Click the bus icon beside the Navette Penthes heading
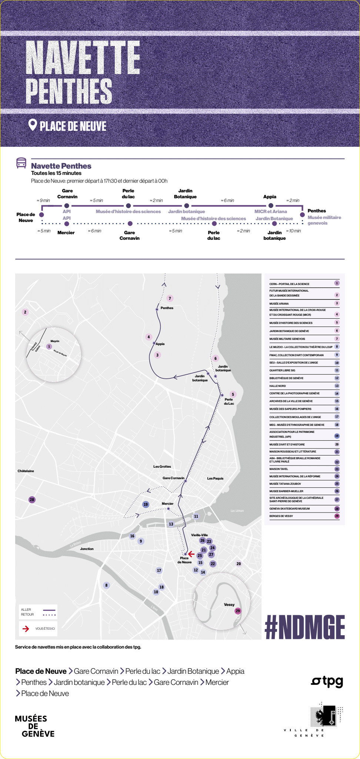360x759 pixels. [x=21, y=163]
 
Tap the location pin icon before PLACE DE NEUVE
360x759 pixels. [x=33, y=125]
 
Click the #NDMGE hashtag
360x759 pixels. [x=305, y=627]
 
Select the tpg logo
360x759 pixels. [x=327, y=681]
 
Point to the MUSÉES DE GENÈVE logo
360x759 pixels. [x=34, y=726]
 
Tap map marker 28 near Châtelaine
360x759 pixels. [x=32, y=500]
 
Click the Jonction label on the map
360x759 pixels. [x=87, y=549]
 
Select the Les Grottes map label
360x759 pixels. [x=162, y=467]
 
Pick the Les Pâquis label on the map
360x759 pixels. [x=215, y=478]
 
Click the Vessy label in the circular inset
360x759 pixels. [x=229, y=604]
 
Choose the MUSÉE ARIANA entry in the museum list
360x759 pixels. [x=279, y=304]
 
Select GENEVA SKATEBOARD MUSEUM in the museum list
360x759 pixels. [x=290, y=508]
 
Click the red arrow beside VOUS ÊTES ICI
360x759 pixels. [x=26, y=629]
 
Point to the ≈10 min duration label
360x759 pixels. [x=293, y=231]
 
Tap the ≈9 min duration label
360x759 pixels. [x=43, y=200]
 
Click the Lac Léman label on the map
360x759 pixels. [x=237, y=511]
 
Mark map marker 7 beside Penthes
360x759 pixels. [x=170, y=298]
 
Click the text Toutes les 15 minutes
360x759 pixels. [x=56, y=173]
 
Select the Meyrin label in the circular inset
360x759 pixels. [x=55, y=341]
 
